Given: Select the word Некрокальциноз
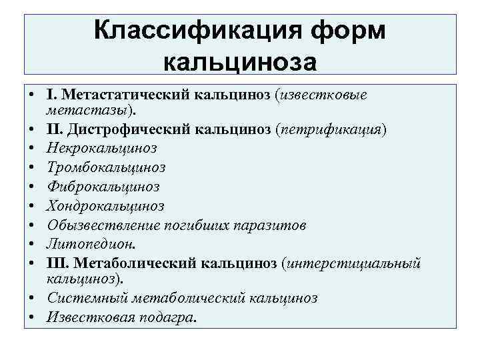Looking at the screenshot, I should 101,147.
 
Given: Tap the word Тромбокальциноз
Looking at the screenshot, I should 106,167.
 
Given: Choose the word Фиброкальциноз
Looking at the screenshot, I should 103,186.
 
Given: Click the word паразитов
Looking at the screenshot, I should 271,225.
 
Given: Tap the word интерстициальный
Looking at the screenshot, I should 353,264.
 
